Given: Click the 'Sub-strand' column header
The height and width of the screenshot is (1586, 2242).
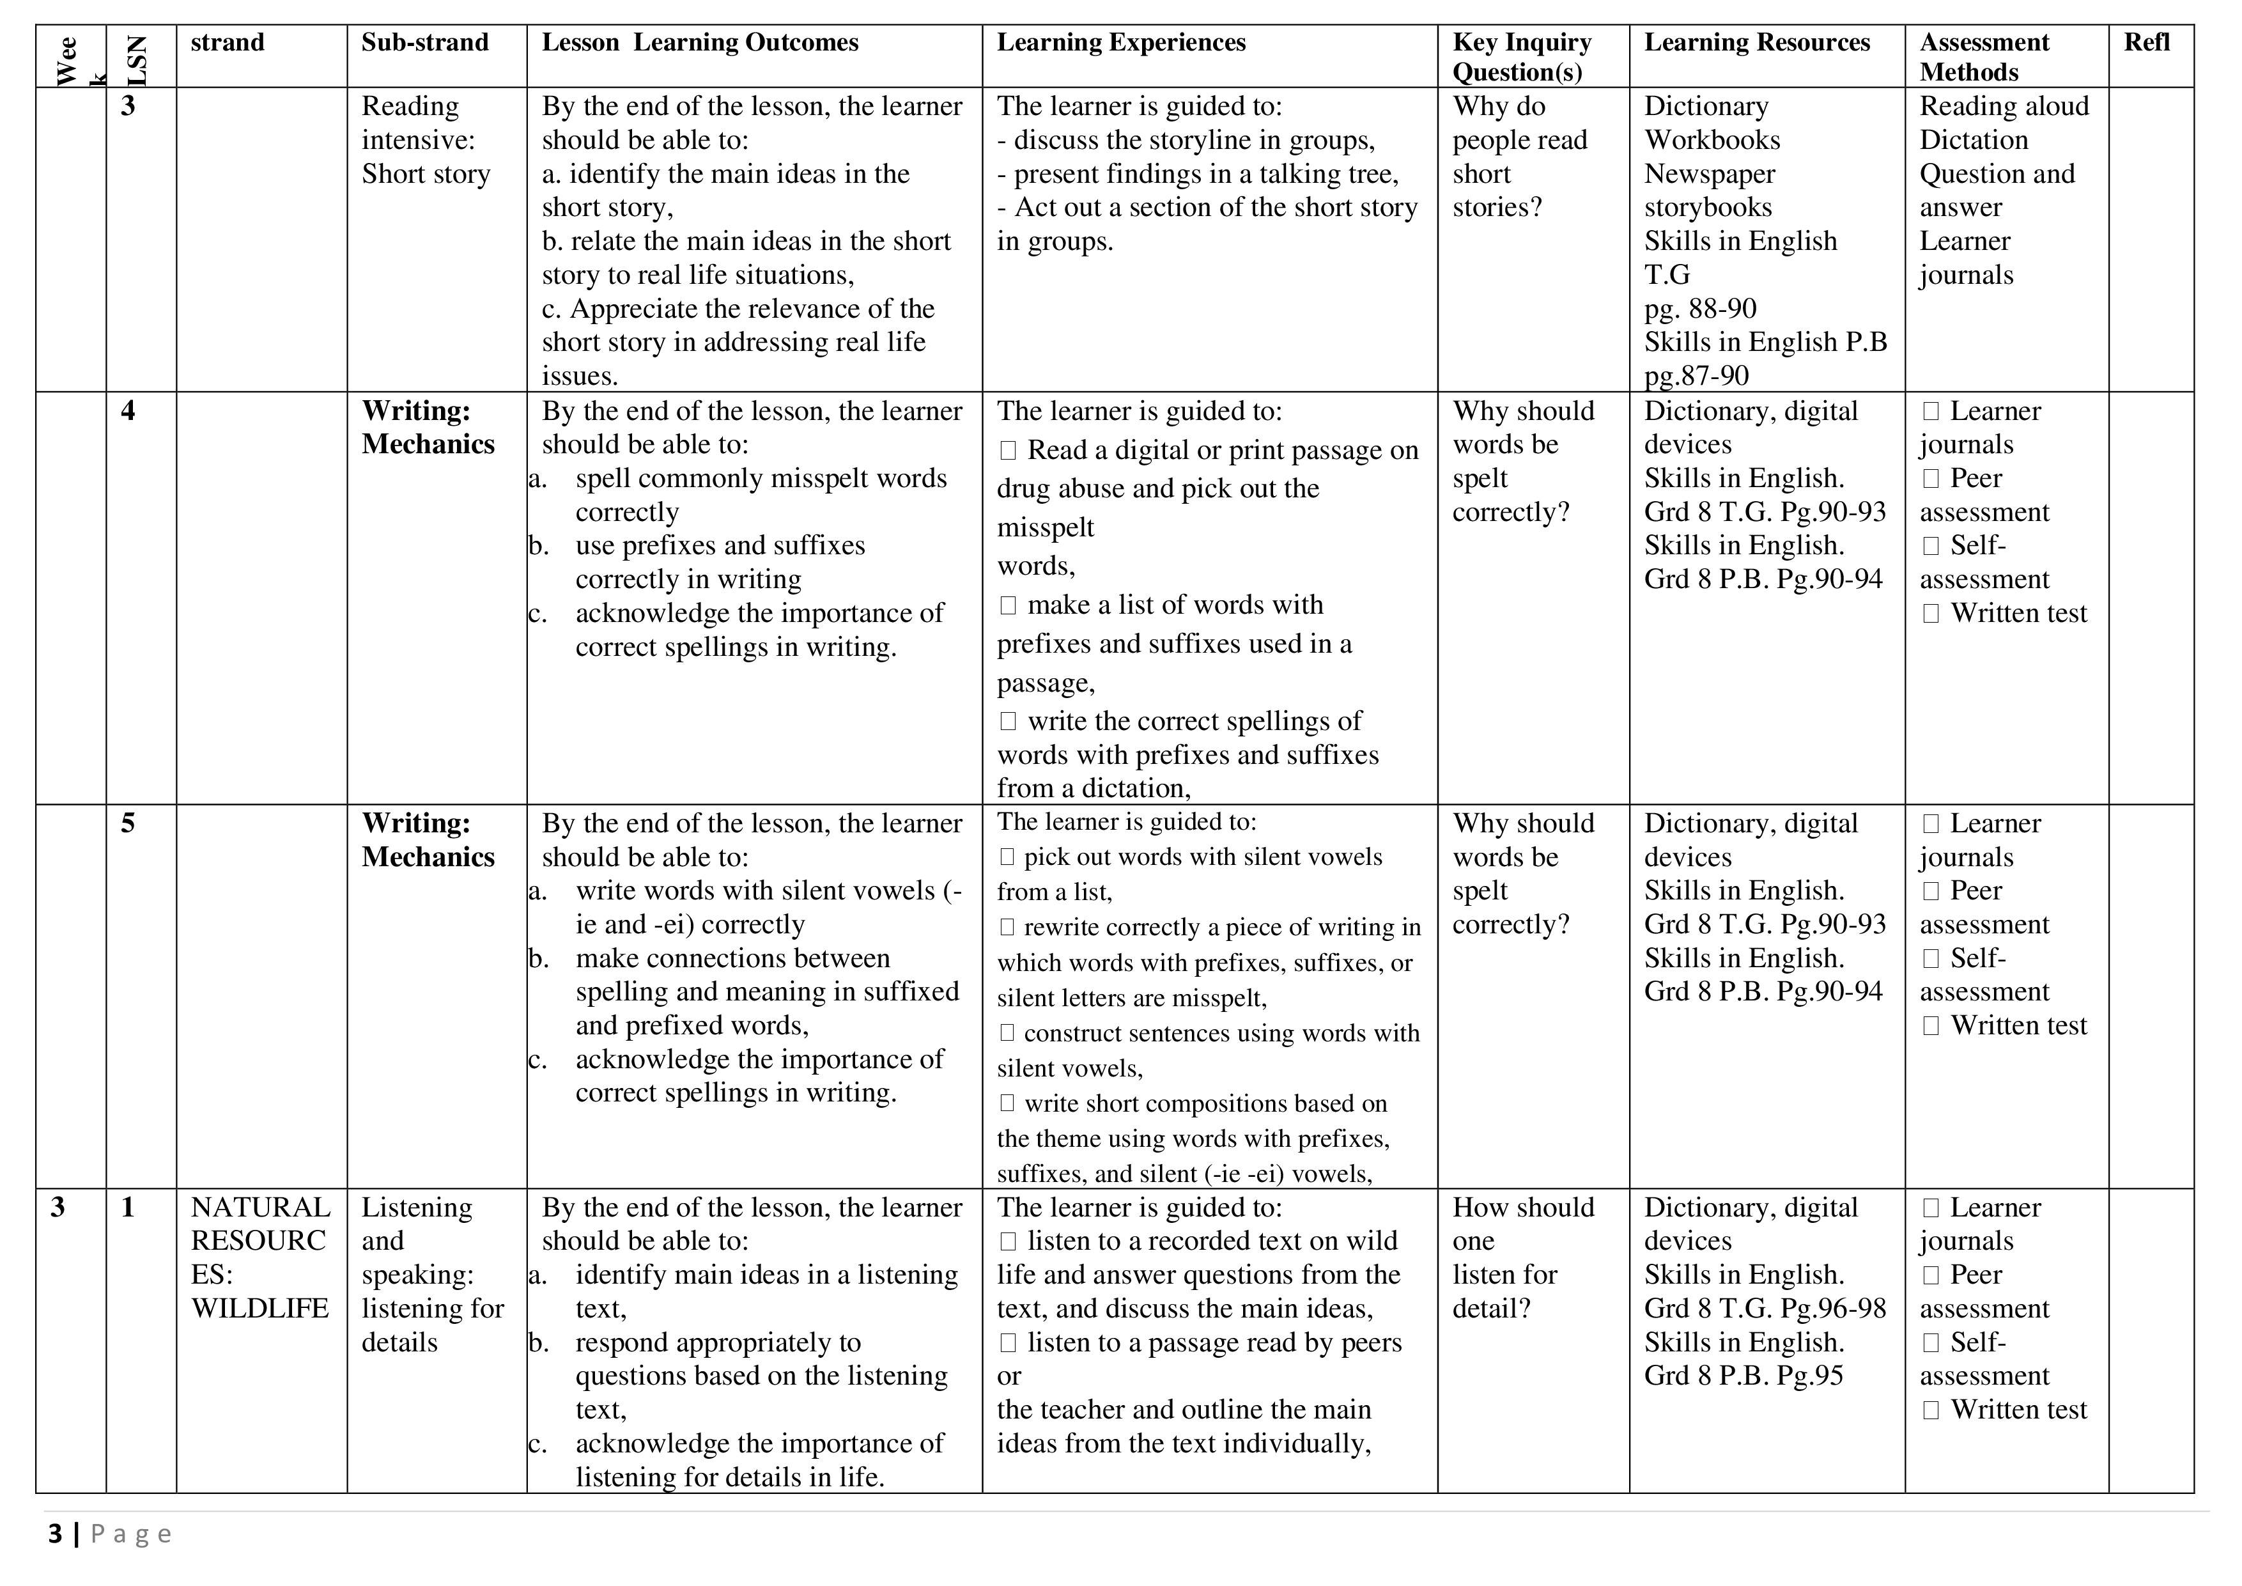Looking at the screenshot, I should coord(425,43).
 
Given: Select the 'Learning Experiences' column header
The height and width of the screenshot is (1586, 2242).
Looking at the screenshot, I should coord(1121,43).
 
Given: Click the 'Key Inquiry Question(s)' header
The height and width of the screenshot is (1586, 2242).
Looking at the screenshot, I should coord(1521,57).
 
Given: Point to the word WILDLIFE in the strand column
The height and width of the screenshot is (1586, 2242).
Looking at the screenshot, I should coord(259,1309).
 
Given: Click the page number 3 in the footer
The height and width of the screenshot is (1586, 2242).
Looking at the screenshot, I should coord(56,1534).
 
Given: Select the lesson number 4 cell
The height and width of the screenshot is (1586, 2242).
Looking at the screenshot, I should coord(128,411).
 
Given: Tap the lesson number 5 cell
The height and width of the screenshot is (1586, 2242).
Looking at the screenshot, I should coord(128,823).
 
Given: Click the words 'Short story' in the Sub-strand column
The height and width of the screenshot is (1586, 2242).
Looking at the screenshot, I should coord(426,174).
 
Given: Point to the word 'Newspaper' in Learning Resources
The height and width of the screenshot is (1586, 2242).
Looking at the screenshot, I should coord(1709,174).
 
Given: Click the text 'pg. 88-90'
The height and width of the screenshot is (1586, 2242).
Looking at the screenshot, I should coord(1700,309).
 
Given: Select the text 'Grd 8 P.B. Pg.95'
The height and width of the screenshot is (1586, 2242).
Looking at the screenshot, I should coord(1743,1376).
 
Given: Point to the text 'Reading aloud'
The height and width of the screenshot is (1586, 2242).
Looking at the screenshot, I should coord(2004,107).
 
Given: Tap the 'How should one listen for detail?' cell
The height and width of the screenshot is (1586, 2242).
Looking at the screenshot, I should coord(1522,1258).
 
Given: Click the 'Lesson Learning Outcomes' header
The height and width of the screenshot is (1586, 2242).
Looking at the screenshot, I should coord(699,43).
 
